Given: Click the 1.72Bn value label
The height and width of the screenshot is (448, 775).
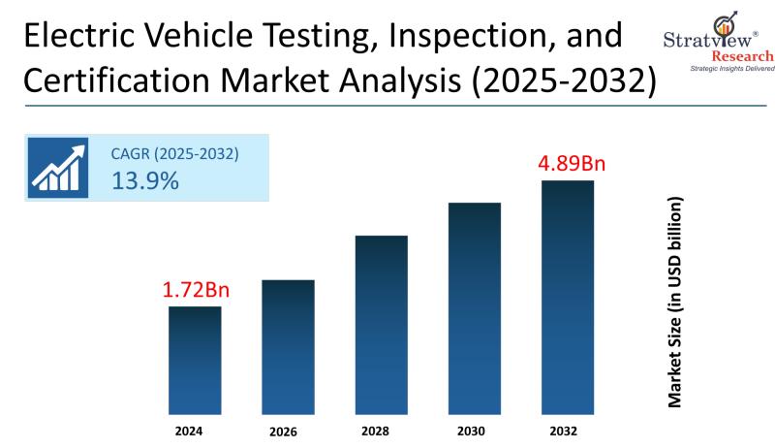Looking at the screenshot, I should coord(195,289).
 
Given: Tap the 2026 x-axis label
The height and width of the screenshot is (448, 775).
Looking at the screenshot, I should coord(288,430).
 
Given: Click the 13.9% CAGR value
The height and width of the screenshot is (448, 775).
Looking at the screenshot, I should coord(145,179).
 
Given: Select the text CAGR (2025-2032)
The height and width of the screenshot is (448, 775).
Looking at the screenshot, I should coord(175,153).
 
